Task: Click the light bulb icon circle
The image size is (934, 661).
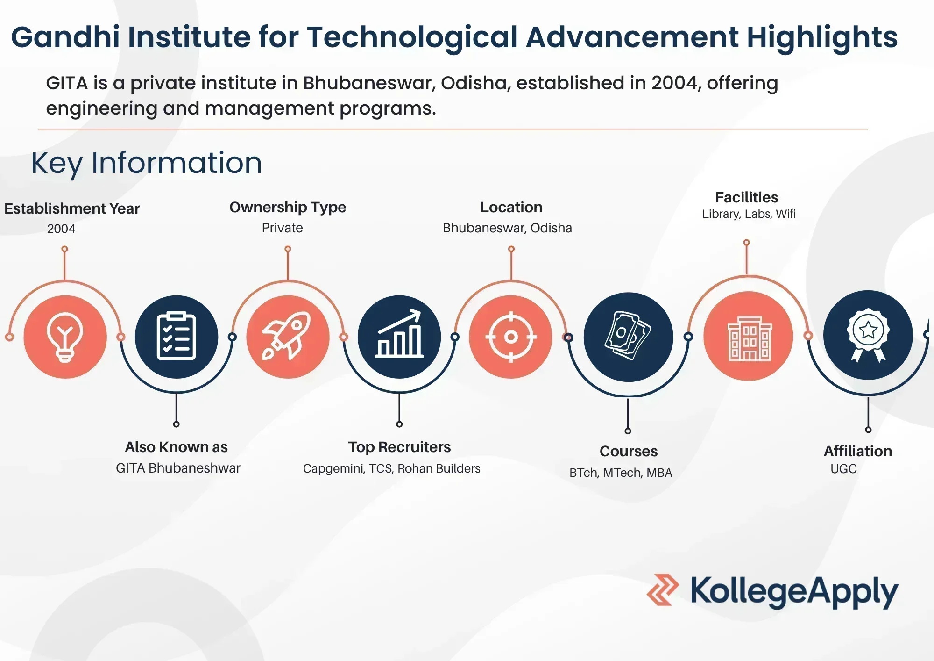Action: point(65,337)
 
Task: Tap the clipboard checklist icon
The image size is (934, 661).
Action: point(176,336)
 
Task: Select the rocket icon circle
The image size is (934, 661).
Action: point(288,337)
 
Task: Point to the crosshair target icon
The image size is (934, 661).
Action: point(511,337)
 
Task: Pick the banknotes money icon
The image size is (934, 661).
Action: point(628,336)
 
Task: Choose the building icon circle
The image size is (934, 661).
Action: point(748,336)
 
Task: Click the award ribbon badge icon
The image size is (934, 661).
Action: point(868,335)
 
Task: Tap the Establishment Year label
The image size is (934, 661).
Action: point(72,208)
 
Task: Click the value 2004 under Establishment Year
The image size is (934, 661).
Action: point(61,229)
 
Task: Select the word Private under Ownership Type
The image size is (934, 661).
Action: point(282,228)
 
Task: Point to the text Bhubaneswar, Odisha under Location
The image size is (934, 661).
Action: point(507,228)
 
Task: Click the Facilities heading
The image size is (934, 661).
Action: point(746,197)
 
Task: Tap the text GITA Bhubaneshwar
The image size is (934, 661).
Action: point(178,468)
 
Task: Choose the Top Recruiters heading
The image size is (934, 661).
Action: point(399,447)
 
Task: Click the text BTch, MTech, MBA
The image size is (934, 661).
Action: point(621,473)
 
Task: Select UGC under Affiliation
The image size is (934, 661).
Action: point(843,469)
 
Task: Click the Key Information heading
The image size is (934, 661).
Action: point(147,163)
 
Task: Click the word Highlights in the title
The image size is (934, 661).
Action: point(822,38)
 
